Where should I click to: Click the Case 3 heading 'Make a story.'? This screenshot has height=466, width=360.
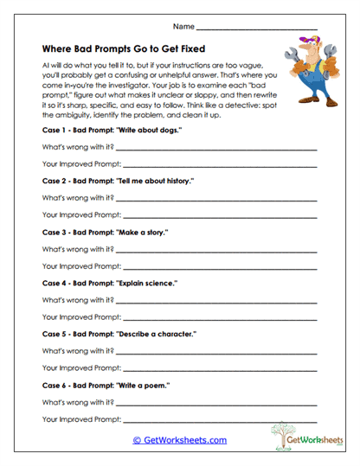[x=105, y=232]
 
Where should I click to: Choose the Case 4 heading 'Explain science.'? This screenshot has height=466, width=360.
[x=109, y=283]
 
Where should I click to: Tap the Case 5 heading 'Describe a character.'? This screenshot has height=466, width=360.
[x=119, y=334]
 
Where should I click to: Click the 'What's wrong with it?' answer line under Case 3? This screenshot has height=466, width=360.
[x=216, y=251]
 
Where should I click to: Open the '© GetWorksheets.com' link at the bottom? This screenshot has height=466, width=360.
[x=180, y=440]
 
